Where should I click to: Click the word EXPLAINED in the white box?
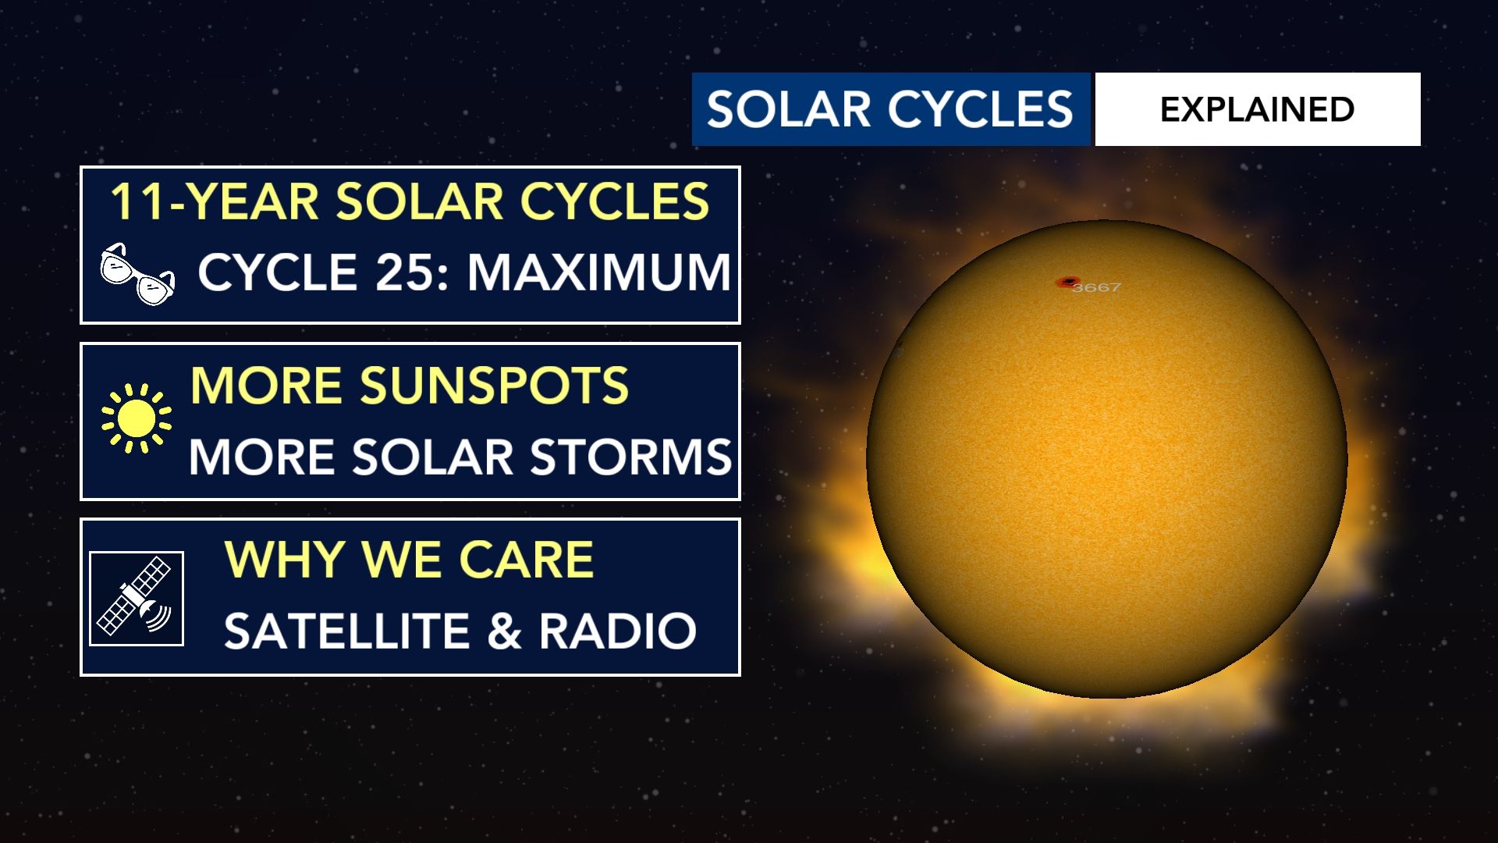[x=1257, y=109]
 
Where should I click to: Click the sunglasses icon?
[x=137, y=273]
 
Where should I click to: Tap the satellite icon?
[x=137, y=599]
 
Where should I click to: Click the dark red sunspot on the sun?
[x=1067, y=282]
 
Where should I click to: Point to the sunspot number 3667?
[x=1096, y=287]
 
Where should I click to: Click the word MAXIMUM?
[x=599, y=272]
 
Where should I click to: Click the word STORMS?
[x=630, y=457]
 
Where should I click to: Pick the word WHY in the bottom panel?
[x=284, y=560]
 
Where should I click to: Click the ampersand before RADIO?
[x=504, y=631]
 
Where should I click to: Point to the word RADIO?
[x=617, y=631]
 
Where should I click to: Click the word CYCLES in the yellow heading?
[x=615, y=201]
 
